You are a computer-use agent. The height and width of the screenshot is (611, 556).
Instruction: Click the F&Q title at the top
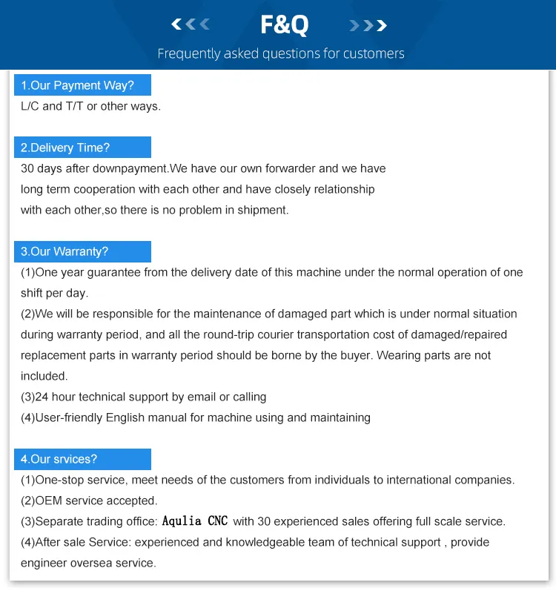[x=284, y=25]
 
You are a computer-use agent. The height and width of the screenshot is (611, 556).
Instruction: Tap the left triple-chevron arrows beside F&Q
[x=191, y=25]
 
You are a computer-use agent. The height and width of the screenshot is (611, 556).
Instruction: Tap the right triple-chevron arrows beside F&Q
[x=368, y=26]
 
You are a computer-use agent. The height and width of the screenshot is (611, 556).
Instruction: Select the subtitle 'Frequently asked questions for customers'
[x=281, y=53]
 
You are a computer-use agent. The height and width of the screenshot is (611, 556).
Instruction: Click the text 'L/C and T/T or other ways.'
[x=90, y=106]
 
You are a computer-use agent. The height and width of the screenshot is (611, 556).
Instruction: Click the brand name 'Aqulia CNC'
[x=195, y=521]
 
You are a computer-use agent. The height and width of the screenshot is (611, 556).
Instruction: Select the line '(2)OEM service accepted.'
[x=89, y=501]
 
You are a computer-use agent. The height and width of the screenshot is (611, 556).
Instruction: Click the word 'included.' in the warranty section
[x=44, y=376]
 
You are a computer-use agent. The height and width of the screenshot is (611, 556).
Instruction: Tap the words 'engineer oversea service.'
[x=88, y=563]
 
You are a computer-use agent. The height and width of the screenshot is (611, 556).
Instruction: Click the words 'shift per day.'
[x=54, y=293]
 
